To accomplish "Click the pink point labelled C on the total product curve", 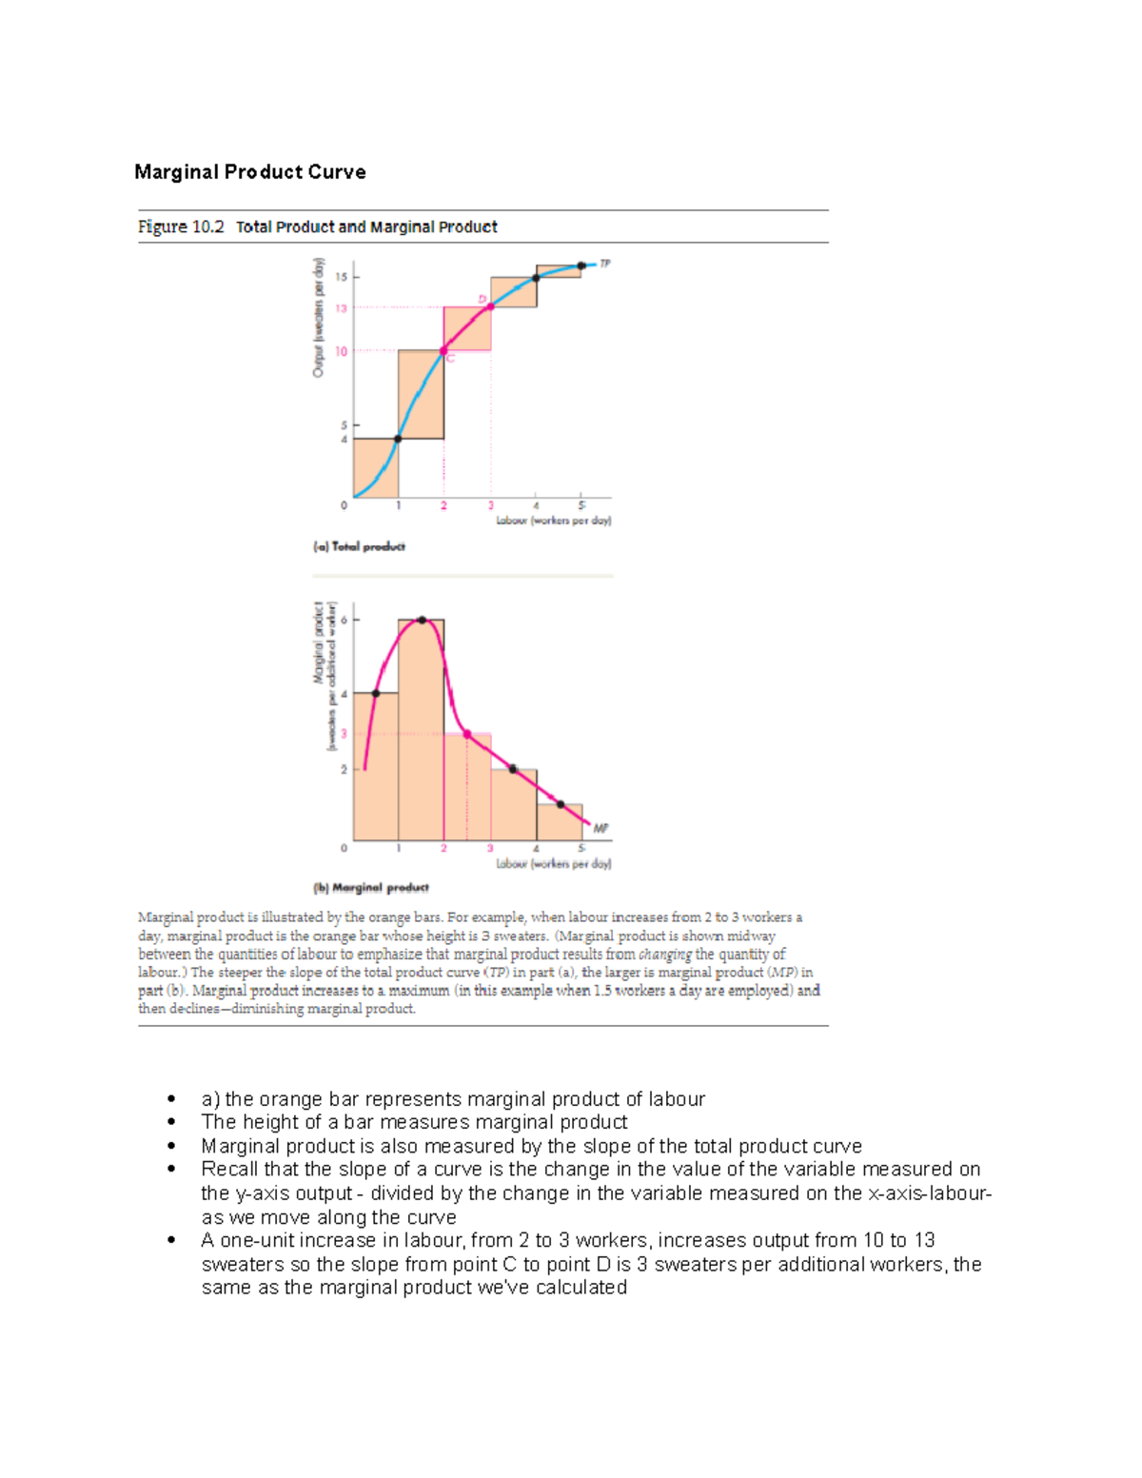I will coord(443,351).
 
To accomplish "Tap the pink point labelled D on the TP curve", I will coord(491,306).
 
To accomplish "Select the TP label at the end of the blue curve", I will coord(605,264).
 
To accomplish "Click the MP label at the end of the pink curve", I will coord(601,829).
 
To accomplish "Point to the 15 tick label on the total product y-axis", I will coord(341,277).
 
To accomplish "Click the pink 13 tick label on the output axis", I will coord(341,308).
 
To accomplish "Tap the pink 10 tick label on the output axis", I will coord(341,351).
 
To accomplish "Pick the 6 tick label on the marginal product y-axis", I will coord(344,620).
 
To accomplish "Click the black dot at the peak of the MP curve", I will coord(422,620).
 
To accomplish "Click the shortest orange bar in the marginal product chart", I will coord(560,823).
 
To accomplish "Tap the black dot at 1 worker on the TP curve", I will coord(398,439).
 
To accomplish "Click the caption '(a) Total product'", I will coord(359,546).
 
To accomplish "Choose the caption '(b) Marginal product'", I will coord(371,888).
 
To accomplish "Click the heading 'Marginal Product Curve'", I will coord(250,172).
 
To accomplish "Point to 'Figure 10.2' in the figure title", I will coord(181,227).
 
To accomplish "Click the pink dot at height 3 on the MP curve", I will coord(467,734).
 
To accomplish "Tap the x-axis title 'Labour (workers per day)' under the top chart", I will coord(554,521).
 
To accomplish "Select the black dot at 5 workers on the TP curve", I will coord(581,266).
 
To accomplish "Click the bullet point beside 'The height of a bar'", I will coord(171,1123).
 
